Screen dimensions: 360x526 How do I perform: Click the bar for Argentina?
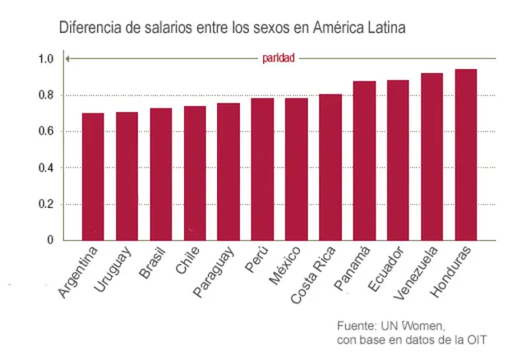(x=93, y=176)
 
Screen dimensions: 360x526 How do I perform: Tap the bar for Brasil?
(x=160, y=173)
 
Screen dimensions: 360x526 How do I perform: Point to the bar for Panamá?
(x=364, y=160)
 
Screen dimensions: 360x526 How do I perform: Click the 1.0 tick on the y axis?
(x=45, y=59)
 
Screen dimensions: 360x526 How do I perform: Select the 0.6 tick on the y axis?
(x=45, y=132)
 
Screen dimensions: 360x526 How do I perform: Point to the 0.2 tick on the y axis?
(x=45, y=204)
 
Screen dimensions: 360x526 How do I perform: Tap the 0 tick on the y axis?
(x=49, y=240)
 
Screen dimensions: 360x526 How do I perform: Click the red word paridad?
(x=279, y=58)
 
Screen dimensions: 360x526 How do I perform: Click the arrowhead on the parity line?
(x=69, y=58)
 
